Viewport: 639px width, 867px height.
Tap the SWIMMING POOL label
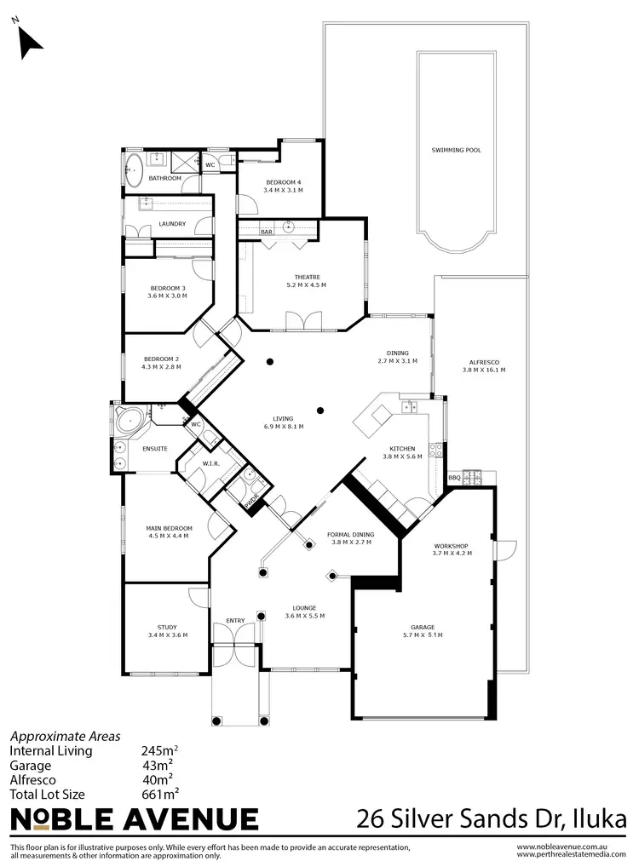click(x=456, y=150)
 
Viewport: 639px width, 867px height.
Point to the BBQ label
click(x=453, y=478)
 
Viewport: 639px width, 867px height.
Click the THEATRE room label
click(x=306, y=275)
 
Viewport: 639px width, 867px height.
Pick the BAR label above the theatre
click(x=266, y=232)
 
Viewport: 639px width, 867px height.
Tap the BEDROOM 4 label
click(x=283, y=182)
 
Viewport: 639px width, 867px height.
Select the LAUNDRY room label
click(x=172, y=224)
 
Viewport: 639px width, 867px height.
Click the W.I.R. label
click(x=211, y=463)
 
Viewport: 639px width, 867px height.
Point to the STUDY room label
click(x=167, y=627)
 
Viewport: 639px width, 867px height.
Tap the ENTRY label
click(x=235, y=620)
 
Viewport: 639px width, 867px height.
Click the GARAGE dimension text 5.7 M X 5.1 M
click(x=422, y=635)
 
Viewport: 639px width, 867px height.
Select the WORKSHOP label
click(x=452, y=544)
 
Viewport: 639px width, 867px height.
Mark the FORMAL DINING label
click(x=350, y=534)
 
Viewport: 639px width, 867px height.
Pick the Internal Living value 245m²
click(x=159, y=752)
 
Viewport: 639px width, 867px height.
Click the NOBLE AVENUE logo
click(x=134, y=819)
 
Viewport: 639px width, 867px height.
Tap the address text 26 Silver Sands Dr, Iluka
click(x=492, y=819)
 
